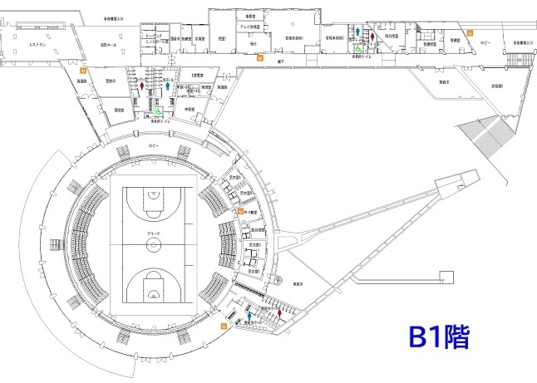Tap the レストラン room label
[x=37, y=43]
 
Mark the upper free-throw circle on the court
[x=154, y=199]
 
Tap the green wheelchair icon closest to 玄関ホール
[x=158, y=109]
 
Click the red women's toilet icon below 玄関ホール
[x=144, y=84]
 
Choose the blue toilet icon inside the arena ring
[x=249, y=316]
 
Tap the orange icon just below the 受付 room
[x=260, y=58]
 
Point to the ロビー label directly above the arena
[x=152, y=145]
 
